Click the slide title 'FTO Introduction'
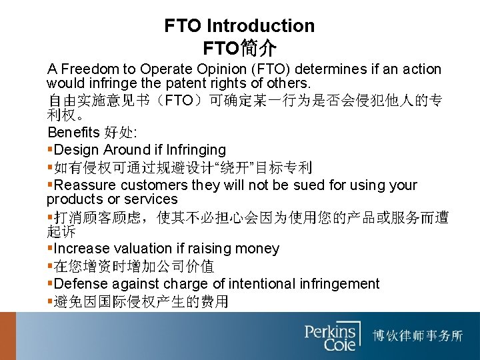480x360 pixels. coord(239,26)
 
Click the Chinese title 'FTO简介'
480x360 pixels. coord(239,49)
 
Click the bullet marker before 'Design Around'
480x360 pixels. coord(51,150)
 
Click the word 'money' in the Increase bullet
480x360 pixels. coord(258,249)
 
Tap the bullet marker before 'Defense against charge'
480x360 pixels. coord(51,284)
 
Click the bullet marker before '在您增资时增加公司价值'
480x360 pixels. coord(51,267)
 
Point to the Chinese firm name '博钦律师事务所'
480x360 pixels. coord(418,335)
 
